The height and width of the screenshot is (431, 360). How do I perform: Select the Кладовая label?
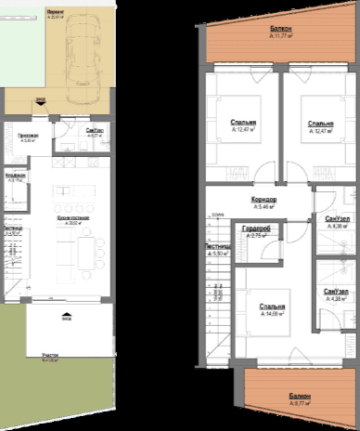[x=15, y=175]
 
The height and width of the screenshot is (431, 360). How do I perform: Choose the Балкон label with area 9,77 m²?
[x=299, y=396]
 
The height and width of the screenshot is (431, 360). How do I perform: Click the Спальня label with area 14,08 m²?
[x=272, y=307]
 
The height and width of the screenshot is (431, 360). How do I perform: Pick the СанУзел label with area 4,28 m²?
[x=336, y=293]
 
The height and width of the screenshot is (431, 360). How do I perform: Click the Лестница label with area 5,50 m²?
[x=218, y=246]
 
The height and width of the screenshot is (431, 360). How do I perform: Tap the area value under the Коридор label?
[x=265, y=207]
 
